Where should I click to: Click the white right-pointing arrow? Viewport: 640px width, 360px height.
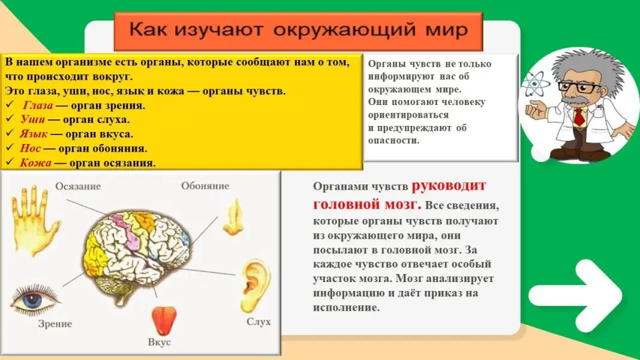click(575, 295)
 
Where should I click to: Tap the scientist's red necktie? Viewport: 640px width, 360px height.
click(579, 117)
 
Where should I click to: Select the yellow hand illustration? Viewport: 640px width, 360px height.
click(34, 220)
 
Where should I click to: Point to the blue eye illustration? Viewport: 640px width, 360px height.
click(35, 301)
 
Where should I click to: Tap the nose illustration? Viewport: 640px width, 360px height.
click(233, 217)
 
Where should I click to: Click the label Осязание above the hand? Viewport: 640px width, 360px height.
click(78, 187)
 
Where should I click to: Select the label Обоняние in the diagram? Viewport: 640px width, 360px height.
click(205, 186)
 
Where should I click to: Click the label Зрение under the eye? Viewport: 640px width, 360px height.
click(55, 324)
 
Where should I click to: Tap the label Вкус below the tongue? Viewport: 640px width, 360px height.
click(159, 342)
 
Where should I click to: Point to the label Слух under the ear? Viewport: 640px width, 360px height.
click(259, 322)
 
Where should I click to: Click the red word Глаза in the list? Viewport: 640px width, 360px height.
click(38, 106)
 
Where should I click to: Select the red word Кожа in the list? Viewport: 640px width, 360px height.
click(35, 163)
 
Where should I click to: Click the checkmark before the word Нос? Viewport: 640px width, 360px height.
click(10, 148)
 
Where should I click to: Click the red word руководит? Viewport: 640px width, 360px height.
click(449, 186)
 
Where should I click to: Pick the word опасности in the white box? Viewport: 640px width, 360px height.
click(393, 140)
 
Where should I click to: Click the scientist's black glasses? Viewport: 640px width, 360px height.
click(579, 87)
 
